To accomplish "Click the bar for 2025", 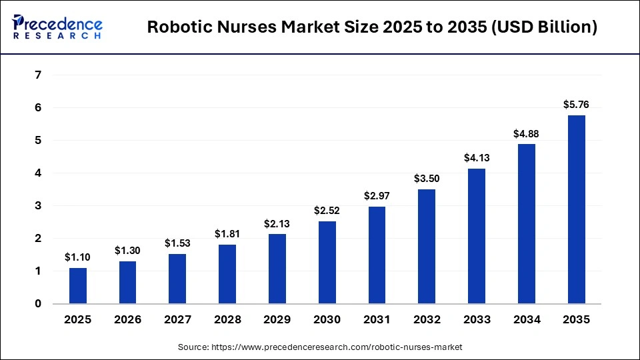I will (x=78, y=286).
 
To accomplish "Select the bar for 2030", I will (x=327, y=263).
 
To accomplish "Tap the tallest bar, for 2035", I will (x=577, y=210).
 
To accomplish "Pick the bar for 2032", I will (x=427, y=247).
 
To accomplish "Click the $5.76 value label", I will (x=577, y=104).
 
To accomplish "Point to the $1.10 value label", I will (x=78, y=257).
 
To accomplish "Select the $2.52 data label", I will (x=327, y=211).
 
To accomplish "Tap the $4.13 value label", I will (x=477, y=158).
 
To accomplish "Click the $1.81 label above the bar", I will (x=227, y=234).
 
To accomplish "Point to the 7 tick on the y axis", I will (x=38, y=75).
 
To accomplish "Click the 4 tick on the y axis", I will (x=38, y=173).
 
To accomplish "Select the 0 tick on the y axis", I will (x=38, y=304).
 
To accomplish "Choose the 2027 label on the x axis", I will (x=177, y=320).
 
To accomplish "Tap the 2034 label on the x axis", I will (x=527, y=320).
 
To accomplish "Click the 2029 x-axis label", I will (x=277, y=320).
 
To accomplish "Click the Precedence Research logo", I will (x=57, y=27).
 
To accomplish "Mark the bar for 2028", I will (x=227, y=274).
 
